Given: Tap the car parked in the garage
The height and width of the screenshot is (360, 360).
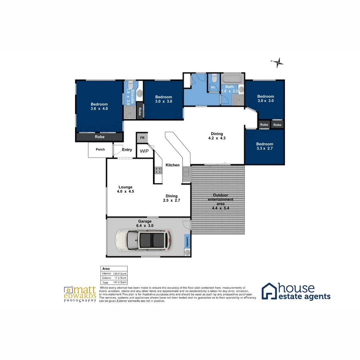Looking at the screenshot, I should click(144, 240).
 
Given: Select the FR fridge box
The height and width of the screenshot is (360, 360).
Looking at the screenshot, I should click(142, 138).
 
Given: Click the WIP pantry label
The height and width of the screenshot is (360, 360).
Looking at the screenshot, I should click(144, 151).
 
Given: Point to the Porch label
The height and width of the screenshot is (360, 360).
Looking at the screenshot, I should click(100, 149).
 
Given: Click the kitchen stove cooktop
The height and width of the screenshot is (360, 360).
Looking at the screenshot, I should click(158, 171).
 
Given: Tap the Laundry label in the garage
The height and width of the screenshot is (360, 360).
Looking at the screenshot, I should click(188, 241).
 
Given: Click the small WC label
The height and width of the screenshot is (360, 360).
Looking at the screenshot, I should click(213, 88).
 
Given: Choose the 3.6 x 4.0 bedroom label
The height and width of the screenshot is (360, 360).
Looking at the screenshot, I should click(99, 106).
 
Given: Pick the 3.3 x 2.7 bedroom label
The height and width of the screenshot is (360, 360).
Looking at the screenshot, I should click(265, 146).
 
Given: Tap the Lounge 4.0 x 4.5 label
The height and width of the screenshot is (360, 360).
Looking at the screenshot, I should click(125, 189).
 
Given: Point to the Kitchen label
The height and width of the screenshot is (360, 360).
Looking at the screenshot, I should click(173, 165).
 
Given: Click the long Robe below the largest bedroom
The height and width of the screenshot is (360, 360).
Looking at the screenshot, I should click(99, 137).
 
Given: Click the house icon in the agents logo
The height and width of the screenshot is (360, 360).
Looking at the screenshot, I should click(269, 291).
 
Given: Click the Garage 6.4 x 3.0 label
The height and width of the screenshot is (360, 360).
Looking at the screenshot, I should click(145, 223).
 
